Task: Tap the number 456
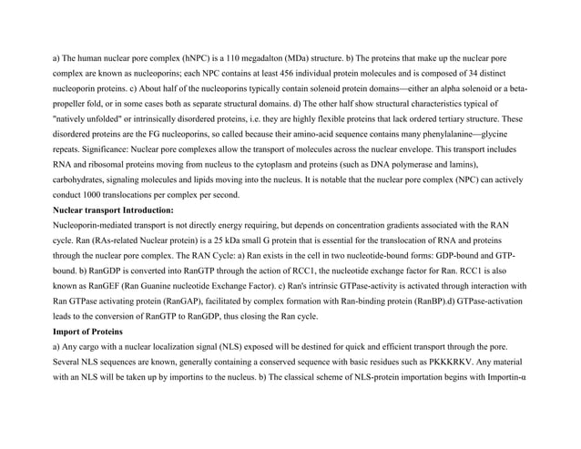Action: point(311,73)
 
